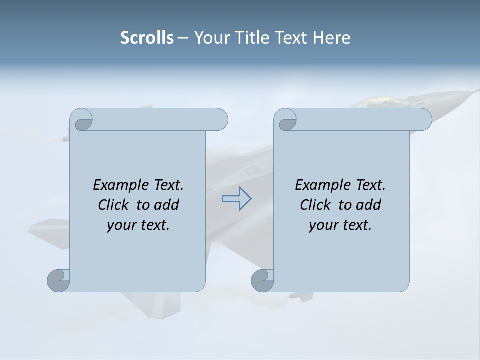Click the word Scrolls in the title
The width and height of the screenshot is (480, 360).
[147, 38]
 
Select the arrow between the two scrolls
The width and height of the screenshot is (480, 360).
[236, 199]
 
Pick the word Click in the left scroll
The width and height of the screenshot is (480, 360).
[114, 205]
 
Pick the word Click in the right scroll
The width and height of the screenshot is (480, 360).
[316, 205]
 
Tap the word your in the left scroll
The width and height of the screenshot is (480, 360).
[120, 225]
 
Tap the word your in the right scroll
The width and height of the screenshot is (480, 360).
[322, 225]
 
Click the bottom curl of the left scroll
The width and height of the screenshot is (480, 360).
[58, 280]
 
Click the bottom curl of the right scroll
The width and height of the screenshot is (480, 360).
[262, 280]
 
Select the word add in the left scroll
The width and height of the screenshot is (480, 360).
[167, 205]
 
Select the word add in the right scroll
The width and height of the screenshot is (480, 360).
[369, 205]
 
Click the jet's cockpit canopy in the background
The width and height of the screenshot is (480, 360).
[380, 102]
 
